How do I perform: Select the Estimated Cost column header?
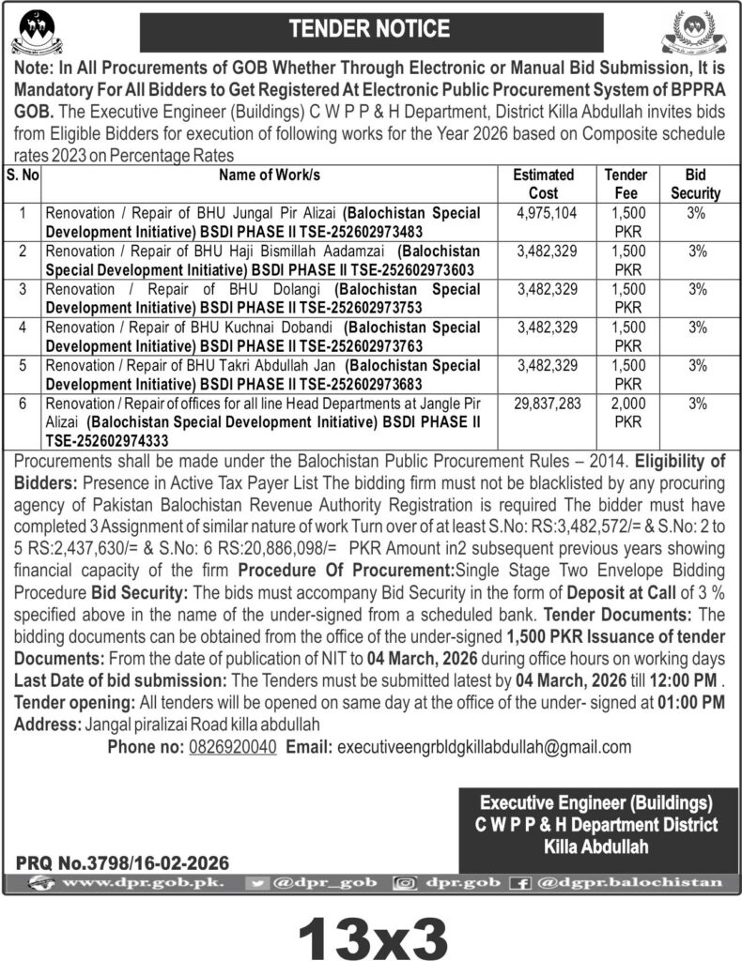coord(544,184)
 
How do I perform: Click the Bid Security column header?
coord(696,184)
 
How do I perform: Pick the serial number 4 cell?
coord(22,328)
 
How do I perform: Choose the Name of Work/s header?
coord(270,175)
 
